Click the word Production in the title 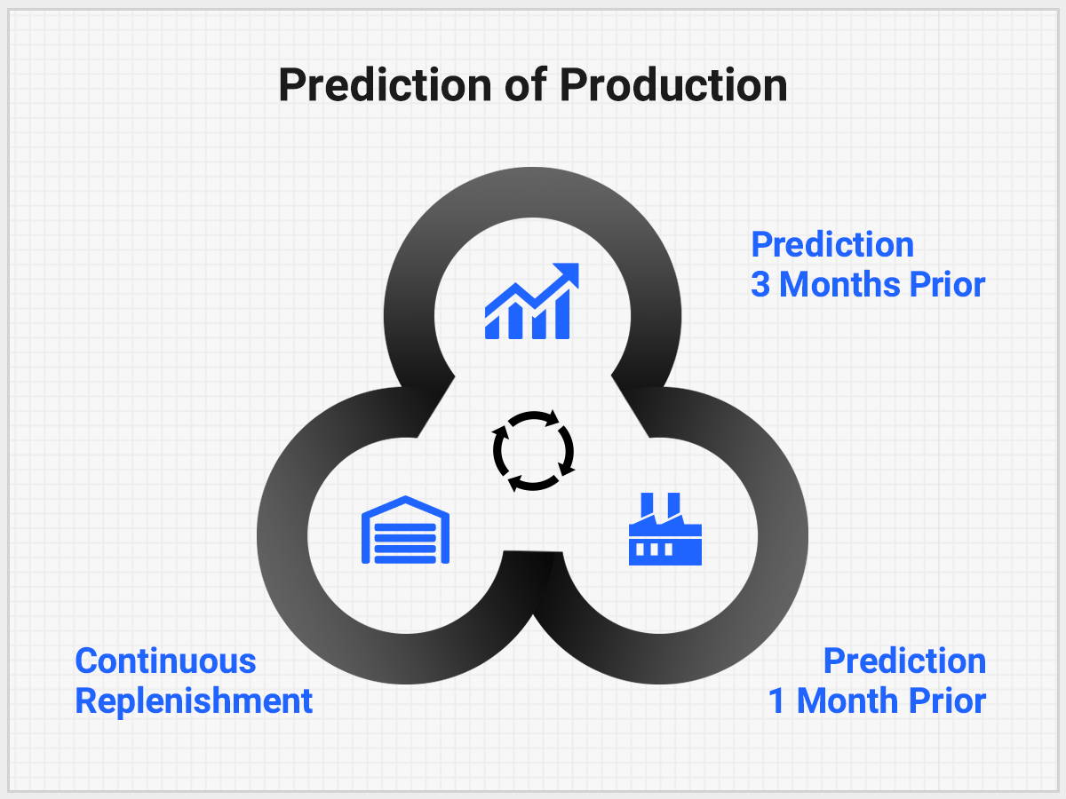673,85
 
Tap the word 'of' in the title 526,84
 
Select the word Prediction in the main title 386,85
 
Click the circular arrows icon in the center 533,451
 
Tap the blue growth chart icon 532,301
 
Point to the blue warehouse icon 405,530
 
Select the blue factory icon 664,529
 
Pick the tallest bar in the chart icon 562,314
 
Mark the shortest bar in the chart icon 492,327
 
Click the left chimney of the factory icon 647,505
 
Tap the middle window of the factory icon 654,550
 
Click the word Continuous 165,661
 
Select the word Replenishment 194,702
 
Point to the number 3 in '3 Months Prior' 760,284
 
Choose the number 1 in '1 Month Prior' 776,701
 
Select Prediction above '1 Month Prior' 904,661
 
